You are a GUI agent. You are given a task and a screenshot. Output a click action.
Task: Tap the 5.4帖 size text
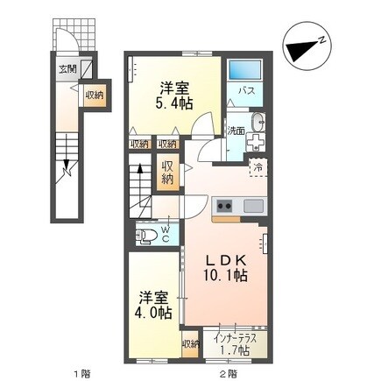[172, 103]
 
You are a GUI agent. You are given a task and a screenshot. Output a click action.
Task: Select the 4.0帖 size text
[153, 312]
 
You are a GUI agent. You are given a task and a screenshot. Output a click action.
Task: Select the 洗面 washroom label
[235, 130]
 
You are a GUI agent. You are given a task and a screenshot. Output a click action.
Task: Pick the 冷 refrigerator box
[258, 164]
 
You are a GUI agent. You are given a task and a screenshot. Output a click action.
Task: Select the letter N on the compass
[322, 39]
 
